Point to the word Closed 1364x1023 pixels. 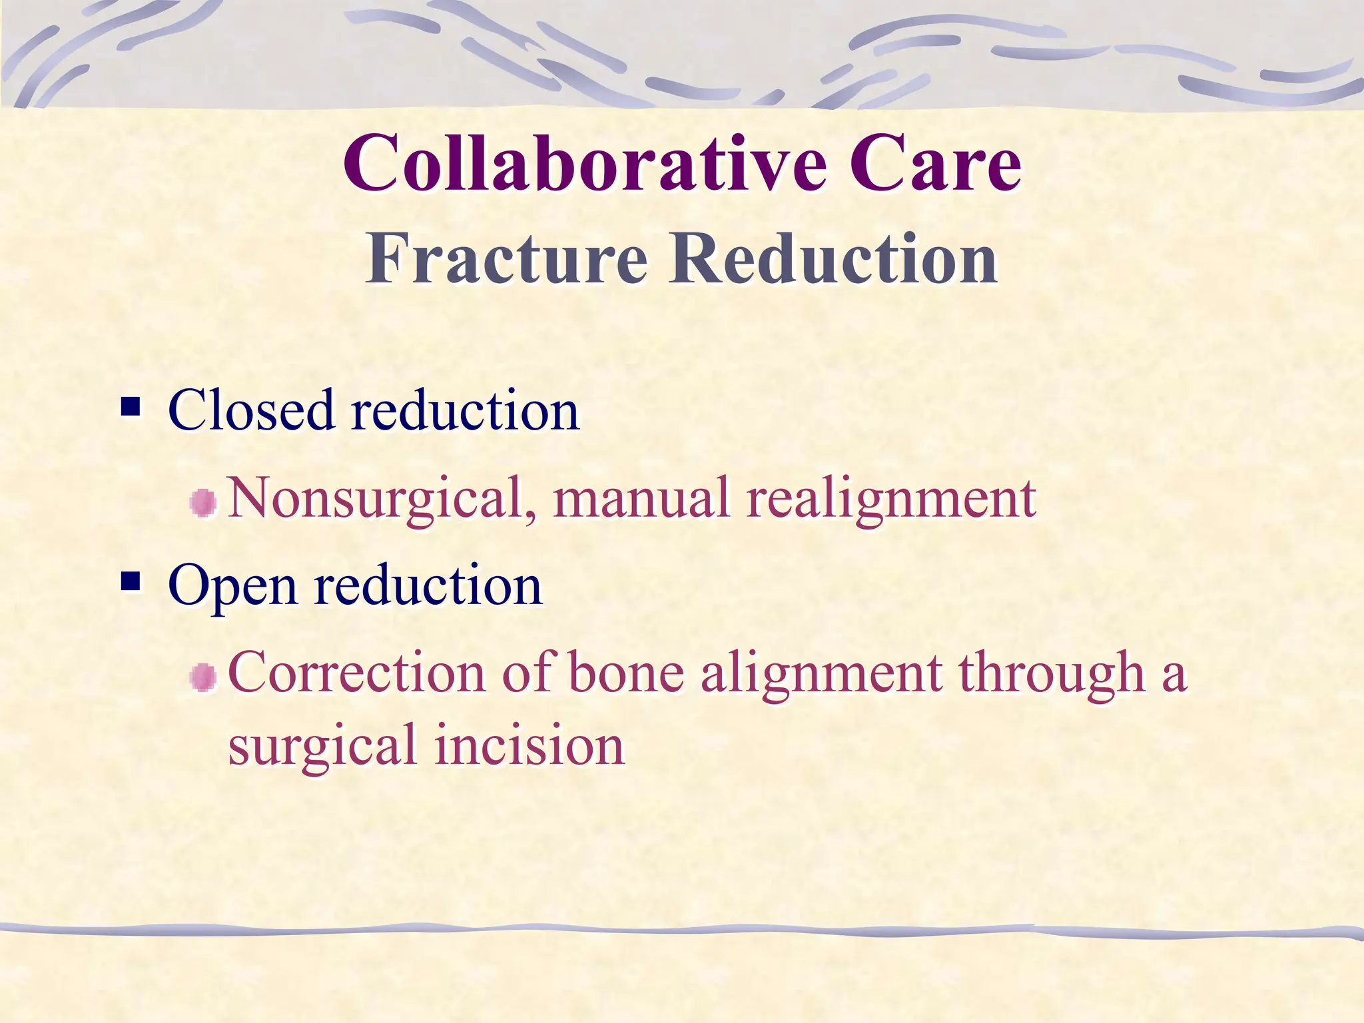[251, 410]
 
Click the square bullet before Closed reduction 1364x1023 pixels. [131, 406]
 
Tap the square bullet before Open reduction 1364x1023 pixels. [131, 581]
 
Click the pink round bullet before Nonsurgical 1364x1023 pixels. [203, 503]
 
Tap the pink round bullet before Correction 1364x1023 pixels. [203, 678]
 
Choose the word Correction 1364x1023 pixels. [356, 673]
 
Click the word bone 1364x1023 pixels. [625, 673]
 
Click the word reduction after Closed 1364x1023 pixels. [465, 410]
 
